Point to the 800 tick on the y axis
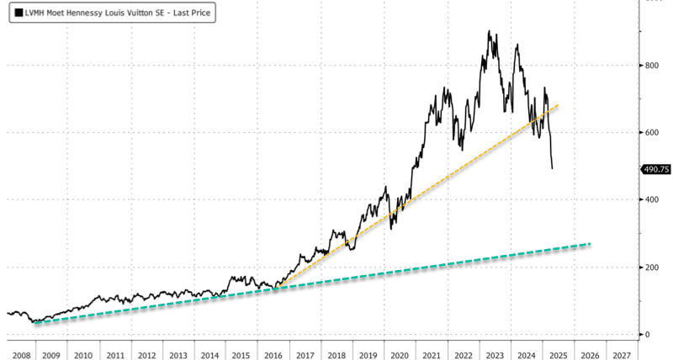(651, 65)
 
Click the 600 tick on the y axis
(651, 132)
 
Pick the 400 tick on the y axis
(651, 199)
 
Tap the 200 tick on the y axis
(651, 267)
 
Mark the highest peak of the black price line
(489, 32)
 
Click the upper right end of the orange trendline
(559, 105)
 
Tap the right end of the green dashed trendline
(590, 244)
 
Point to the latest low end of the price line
(552, 168)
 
